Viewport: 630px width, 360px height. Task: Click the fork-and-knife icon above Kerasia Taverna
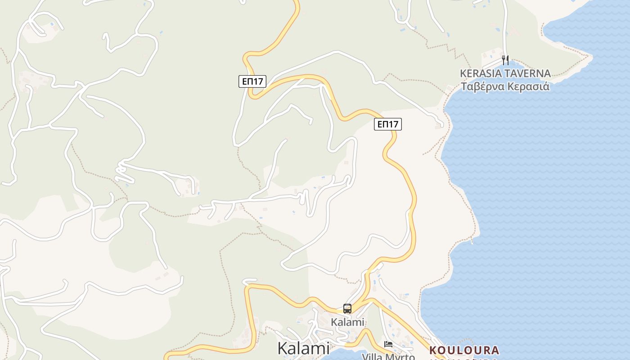click(505, 60)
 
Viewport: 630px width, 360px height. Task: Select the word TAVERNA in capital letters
click(526, 73)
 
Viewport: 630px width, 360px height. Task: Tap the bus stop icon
click(347, 309)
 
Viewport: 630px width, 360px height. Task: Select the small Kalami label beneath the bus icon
click(347, 322)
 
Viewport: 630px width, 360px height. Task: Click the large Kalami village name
click(303, 348)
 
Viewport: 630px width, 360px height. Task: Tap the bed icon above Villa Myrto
click(388, 345)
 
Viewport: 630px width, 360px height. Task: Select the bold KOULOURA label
click(464, 350)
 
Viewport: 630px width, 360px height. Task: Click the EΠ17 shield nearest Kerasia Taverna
click(387, 124)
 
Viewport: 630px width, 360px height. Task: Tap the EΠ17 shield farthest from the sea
click(252, 81)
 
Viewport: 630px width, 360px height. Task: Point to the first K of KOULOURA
click(433, 350)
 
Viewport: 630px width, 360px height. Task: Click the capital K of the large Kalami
click(283, 348)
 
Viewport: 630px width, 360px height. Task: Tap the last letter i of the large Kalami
click(327, 348)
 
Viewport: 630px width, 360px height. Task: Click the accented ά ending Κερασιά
click(546, 86)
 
